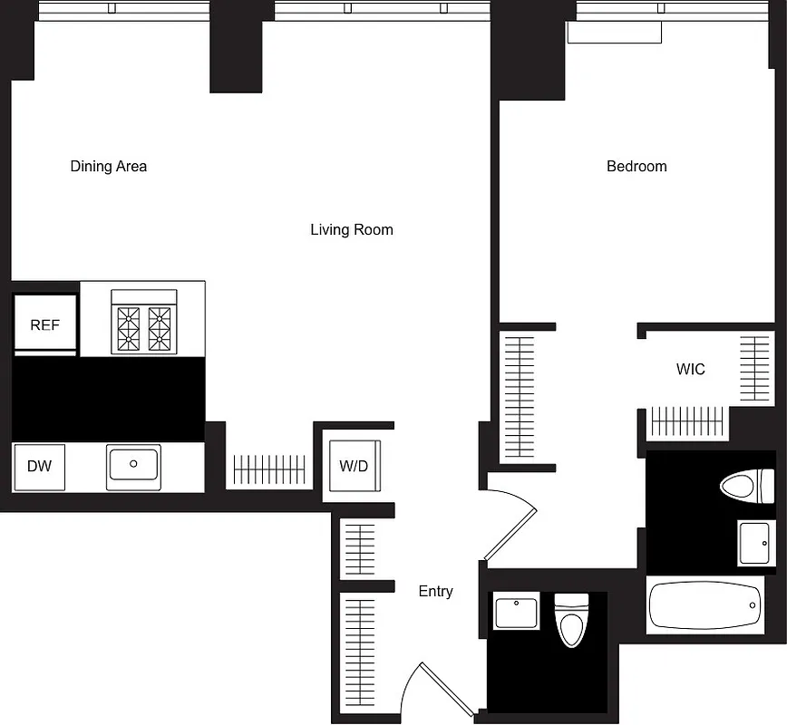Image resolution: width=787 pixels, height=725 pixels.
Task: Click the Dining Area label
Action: (109, 167)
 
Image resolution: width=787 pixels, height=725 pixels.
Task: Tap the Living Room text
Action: (352, 230)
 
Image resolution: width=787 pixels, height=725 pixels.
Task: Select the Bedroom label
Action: (636, 167)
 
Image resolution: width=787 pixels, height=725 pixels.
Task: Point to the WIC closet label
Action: (690, 370)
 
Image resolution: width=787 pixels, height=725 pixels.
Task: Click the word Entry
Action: (435, 592)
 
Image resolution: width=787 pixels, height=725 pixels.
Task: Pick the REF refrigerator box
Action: (44, 324)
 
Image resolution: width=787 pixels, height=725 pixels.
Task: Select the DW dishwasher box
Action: (39, 467)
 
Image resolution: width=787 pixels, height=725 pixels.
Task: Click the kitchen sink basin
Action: (133, 465)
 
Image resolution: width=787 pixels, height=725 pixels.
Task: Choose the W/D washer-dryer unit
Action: (355, 466)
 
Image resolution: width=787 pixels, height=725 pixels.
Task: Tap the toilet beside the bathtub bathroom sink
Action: (747, 486)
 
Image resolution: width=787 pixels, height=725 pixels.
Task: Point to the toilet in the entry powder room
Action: (570, 621)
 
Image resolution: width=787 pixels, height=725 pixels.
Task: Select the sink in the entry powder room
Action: (517, 612)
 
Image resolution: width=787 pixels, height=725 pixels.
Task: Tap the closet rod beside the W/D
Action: (270, 469)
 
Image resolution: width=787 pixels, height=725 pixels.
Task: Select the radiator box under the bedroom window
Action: (614, 33)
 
